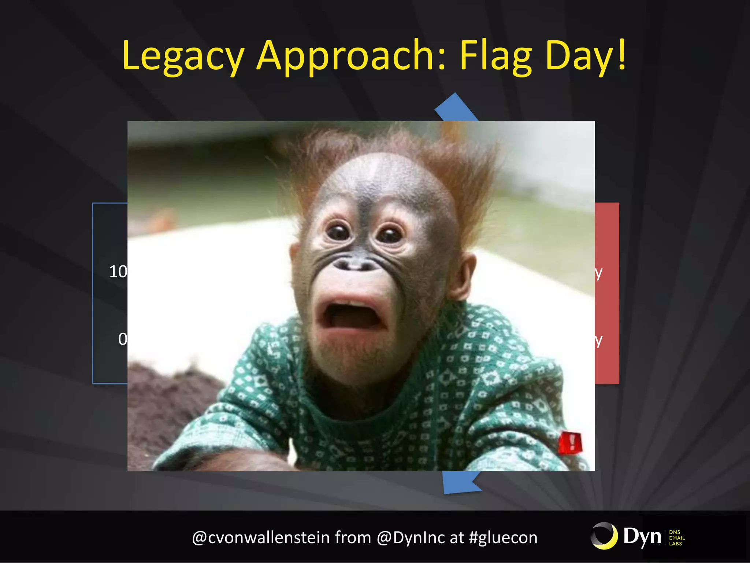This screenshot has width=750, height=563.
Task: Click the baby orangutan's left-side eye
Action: (x=338, y=232)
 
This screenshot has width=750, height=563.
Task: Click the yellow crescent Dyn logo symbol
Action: (x=604, y=536)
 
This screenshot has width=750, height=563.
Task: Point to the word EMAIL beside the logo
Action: (x=677, y=538)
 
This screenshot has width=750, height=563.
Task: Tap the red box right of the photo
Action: (x=607, y=293)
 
